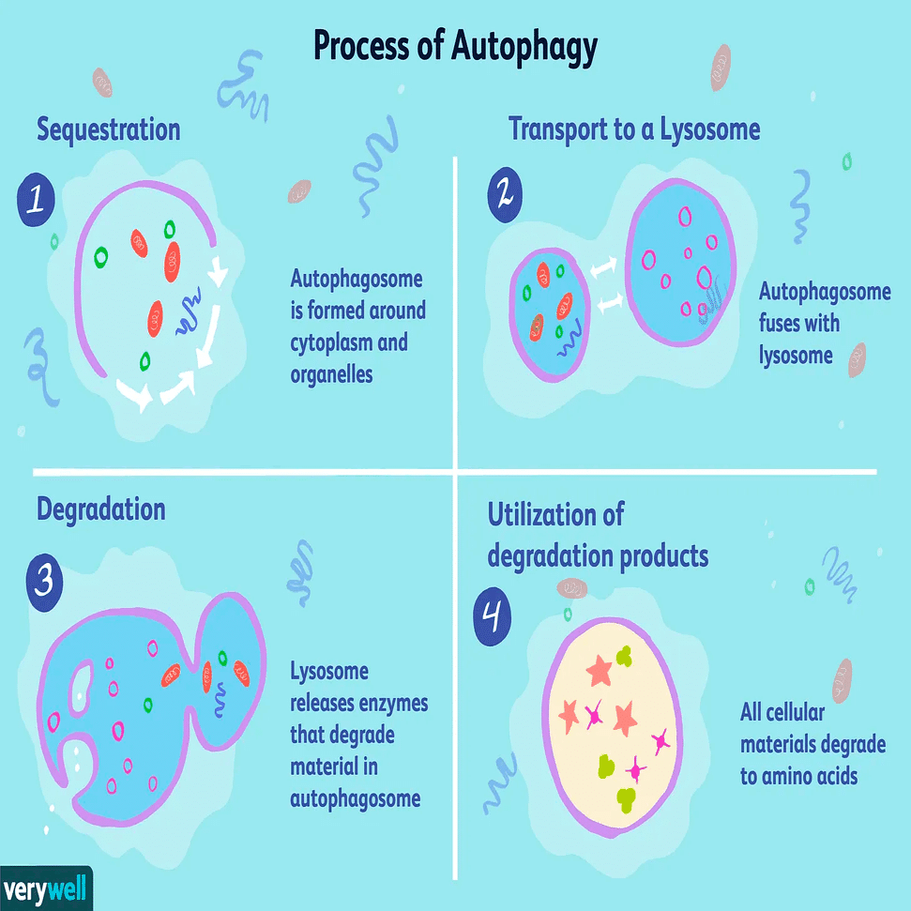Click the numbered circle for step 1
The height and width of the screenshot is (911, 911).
(x=36, y=199)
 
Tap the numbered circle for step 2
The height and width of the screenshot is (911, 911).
(x=505, y=194)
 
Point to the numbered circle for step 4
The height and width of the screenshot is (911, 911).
(x=493, y=616)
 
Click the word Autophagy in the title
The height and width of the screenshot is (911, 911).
(x=524, y=47)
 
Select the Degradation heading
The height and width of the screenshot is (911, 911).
(x=101, y=509)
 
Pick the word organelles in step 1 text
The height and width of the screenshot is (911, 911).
(x=331, y=374)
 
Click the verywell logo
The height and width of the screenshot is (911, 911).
(x=46, y=888)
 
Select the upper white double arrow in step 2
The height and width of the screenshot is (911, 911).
(x=603, y=267)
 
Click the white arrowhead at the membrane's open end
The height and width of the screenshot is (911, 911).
(x=219, y=272)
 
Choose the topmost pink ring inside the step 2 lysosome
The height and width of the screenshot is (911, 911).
(x=686, y=217)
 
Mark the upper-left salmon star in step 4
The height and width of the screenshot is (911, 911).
(x=599, y=670)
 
